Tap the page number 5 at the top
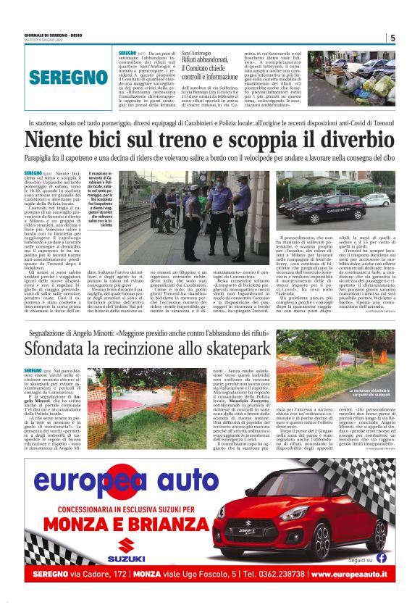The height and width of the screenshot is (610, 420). (x=392, y=38)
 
